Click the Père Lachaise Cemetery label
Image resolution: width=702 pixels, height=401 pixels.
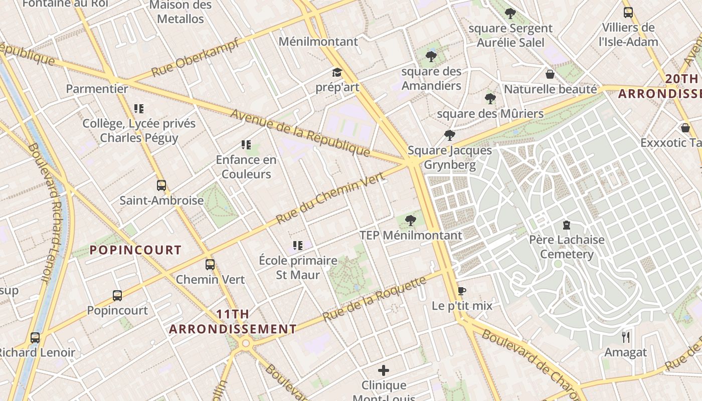[567, 247]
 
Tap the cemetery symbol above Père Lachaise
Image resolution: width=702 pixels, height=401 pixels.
[567, 225]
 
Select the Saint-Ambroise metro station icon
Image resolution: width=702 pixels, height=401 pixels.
[161, 185]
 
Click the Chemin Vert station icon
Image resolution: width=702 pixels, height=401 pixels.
[210, 264]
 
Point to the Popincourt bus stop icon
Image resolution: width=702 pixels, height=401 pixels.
[117, 296]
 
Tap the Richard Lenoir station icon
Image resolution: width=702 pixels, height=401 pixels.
[35, 338]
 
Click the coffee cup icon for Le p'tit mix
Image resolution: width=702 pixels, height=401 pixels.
[462, 291]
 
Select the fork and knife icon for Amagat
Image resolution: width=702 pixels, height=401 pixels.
[625, 337]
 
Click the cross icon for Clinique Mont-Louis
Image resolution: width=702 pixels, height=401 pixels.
[384, 370]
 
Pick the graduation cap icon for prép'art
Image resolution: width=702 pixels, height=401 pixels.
[337, 73]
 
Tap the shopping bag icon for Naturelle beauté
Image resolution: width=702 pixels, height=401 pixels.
[550, 75]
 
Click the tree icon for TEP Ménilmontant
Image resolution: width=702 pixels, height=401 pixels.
[411, 220]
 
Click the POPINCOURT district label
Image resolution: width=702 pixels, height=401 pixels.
[135, 250]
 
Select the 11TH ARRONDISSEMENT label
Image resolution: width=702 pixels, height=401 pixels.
[233, 322]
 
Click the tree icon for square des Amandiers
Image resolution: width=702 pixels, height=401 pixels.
[431, 57]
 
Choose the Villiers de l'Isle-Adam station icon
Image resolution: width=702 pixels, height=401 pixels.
[628, 13]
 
